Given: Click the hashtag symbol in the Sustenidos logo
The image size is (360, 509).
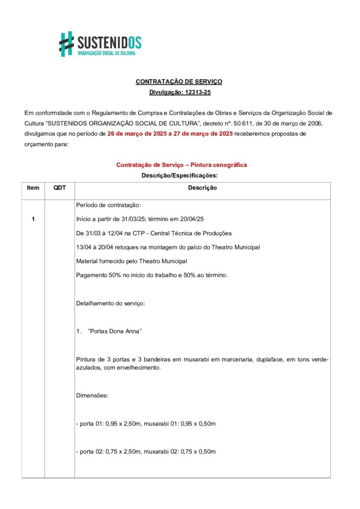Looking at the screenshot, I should [67, 44].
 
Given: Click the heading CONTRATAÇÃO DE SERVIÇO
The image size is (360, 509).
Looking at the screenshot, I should [179, 81].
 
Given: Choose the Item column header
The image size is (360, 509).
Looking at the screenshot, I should [33, 188].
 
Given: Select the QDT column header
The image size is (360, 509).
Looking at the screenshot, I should [60, 188].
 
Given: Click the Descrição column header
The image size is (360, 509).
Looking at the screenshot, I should [202, 188].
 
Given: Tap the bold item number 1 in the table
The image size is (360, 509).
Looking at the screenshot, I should [33, 219].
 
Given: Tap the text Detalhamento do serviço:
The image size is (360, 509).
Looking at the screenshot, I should [110, 303].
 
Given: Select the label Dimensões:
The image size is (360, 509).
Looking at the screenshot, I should [92, 396].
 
